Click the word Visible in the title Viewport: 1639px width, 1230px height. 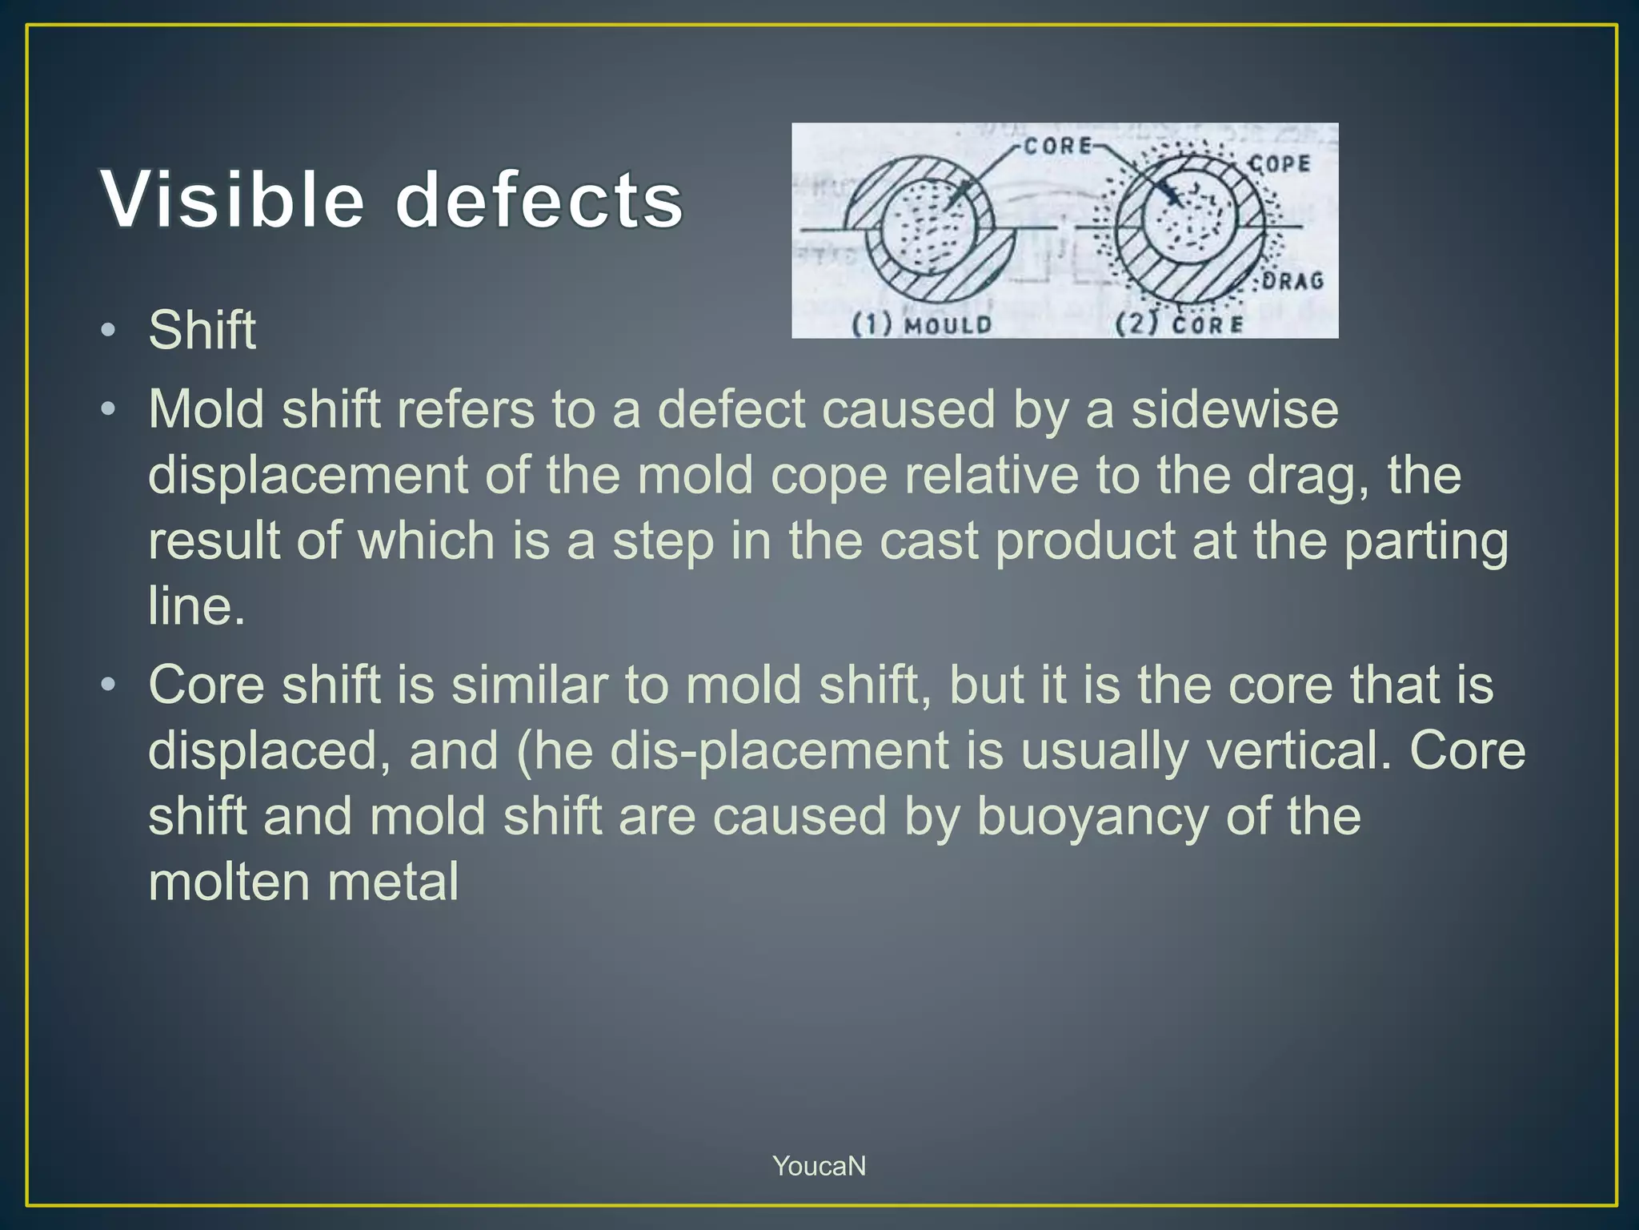click(x=233, y=199)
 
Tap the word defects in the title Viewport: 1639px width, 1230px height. click(x=539, y=199)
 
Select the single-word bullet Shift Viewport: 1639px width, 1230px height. click(x=202, y=330)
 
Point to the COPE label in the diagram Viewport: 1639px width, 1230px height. click(x=1280, y=164)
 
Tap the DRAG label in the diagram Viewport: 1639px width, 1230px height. click(x=1293, y=281)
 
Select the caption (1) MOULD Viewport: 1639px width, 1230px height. click(x=920, y=324)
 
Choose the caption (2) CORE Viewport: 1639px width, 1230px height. click(x=1180, y=324)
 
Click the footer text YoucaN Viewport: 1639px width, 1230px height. click(x=819, y=1166)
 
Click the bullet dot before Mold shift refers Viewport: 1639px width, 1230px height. click(x=109, y=410)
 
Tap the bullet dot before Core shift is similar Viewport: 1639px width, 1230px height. click(x=109, y=685)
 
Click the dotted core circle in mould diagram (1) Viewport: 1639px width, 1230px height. click(x=928, y=227)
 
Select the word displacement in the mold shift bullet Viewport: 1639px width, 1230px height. click(x=309, y=476)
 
